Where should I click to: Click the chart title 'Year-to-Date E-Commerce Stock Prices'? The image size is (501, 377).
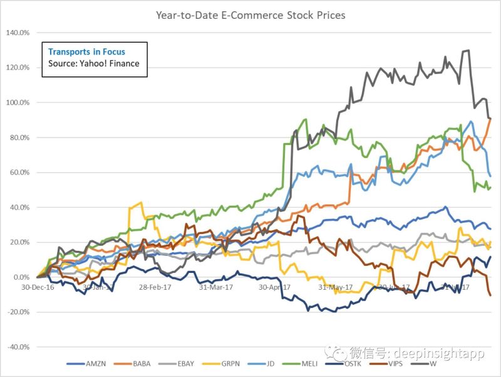pyautogui.click(x=250, y=14)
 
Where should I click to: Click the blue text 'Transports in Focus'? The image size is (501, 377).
pyautogui.click(x=86, y=52)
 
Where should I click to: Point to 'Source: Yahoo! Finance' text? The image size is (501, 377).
pyautogui.click(x=93, y=64)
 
